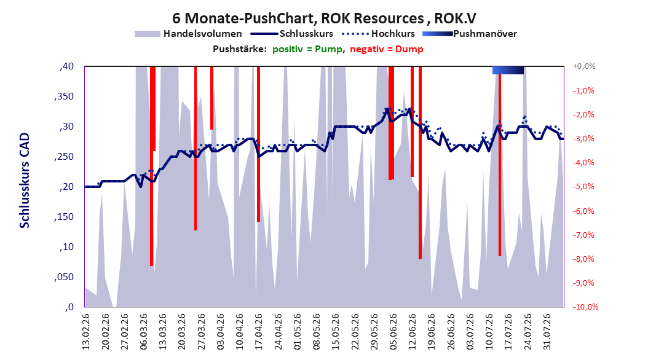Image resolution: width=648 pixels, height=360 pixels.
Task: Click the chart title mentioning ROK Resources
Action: coord(324,18)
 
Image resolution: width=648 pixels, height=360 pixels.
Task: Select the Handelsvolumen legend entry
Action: coord(188,34)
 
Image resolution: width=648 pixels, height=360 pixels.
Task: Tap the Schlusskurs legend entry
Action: coord(292,34)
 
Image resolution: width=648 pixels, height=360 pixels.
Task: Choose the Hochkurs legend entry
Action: coord(378,34)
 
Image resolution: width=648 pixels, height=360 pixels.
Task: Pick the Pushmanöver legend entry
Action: coord(470,34)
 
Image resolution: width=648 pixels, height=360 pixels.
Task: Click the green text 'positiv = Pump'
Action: coord(307,49)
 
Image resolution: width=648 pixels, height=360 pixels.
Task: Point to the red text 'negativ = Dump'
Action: coord(387,49)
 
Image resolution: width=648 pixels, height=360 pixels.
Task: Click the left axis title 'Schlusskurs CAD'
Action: coord(25,181)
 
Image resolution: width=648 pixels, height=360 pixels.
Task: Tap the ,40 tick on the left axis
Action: coord(66,66)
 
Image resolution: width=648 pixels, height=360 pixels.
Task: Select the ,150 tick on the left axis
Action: coord(64,217)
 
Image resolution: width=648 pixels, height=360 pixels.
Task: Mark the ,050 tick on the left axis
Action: coord(64,277)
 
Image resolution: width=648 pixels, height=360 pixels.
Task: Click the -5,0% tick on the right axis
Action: coord(583,187)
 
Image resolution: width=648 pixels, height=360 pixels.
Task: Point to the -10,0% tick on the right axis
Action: coord(585,307)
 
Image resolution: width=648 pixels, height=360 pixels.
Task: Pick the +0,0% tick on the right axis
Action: coord(584,66)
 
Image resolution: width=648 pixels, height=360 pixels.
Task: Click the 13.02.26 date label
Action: coord(86,332)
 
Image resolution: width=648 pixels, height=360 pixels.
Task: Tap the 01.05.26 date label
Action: coord(298,332)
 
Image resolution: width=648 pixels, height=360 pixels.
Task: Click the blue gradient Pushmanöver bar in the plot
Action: coord(508,70)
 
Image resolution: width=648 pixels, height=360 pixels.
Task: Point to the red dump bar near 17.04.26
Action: coord(258,144)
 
